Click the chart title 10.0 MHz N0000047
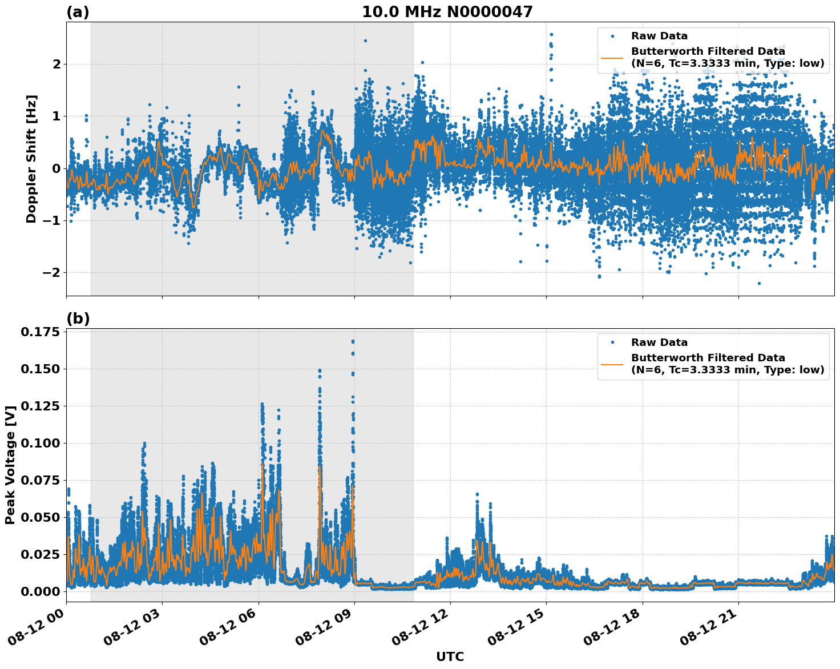pos(447,12)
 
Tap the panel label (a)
pos(78,12)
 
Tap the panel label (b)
pos(78,319)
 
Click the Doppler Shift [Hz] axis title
pos(31,159)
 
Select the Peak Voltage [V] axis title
pos(10,465)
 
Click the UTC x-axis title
pos(450,656)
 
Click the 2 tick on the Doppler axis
pos(56,64)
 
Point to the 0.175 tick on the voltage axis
pos(41,332)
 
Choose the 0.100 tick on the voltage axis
pos(41,443)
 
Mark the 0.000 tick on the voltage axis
pos(41,591)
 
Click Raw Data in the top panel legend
pos(659,37)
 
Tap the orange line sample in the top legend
pos(612,57)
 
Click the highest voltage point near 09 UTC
pos(353,341)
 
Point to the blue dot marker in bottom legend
pos(612,342)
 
